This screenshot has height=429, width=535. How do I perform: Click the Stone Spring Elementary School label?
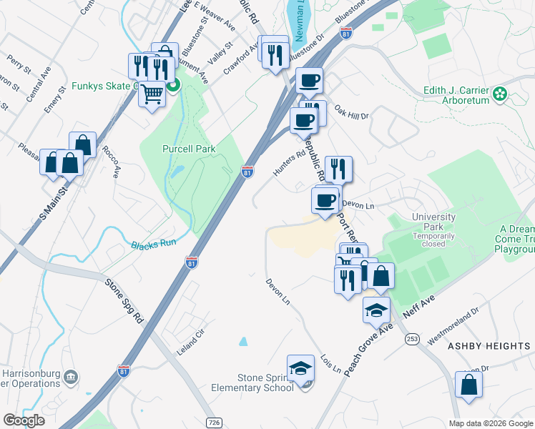click(x=256, y=383)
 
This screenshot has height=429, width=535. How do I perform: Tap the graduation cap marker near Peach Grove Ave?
click(x=376, y=310)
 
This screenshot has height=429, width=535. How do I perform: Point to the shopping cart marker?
click(x=152, y=94)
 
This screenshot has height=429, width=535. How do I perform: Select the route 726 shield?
click(x=213, y=423)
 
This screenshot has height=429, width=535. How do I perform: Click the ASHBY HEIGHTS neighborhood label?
click(x=489, y=346)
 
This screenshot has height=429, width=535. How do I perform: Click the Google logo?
click(x=24, y=420)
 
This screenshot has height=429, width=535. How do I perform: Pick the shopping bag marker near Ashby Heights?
click(x=468, y=385)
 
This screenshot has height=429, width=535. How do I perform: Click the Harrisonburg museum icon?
click(x=70, y=377)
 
